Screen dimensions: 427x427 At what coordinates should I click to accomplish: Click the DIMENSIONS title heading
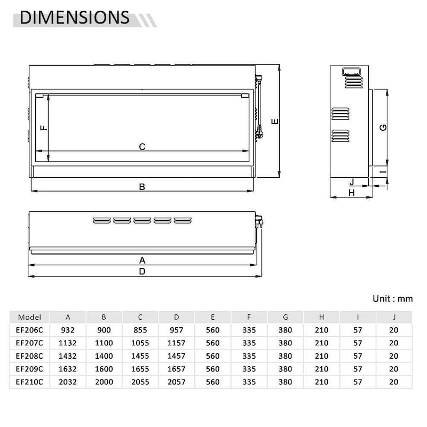(75, 18)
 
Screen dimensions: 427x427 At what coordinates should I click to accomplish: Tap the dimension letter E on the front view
(275, 121)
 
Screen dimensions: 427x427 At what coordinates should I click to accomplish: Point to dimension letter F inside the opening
(44, 128)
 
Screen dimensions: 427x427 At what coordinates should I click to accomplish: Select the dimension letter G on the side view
(383, 127)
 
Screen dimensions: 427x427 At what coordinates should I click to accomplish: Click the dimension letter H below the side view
(352, 193)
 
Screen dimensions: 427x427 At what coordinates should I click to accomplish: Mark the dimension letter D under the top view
(142, 272)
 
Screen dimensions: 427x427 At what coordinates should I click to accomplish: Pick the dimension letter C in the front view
(142, 147)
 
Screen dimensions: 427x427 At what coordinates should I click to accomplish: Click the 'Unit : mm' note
(393, 299)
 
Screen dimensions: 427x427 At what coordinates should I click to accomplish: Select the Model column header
(29, 317)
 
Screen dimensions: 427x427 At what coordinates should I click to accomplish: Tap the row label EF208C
(29, 356)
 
